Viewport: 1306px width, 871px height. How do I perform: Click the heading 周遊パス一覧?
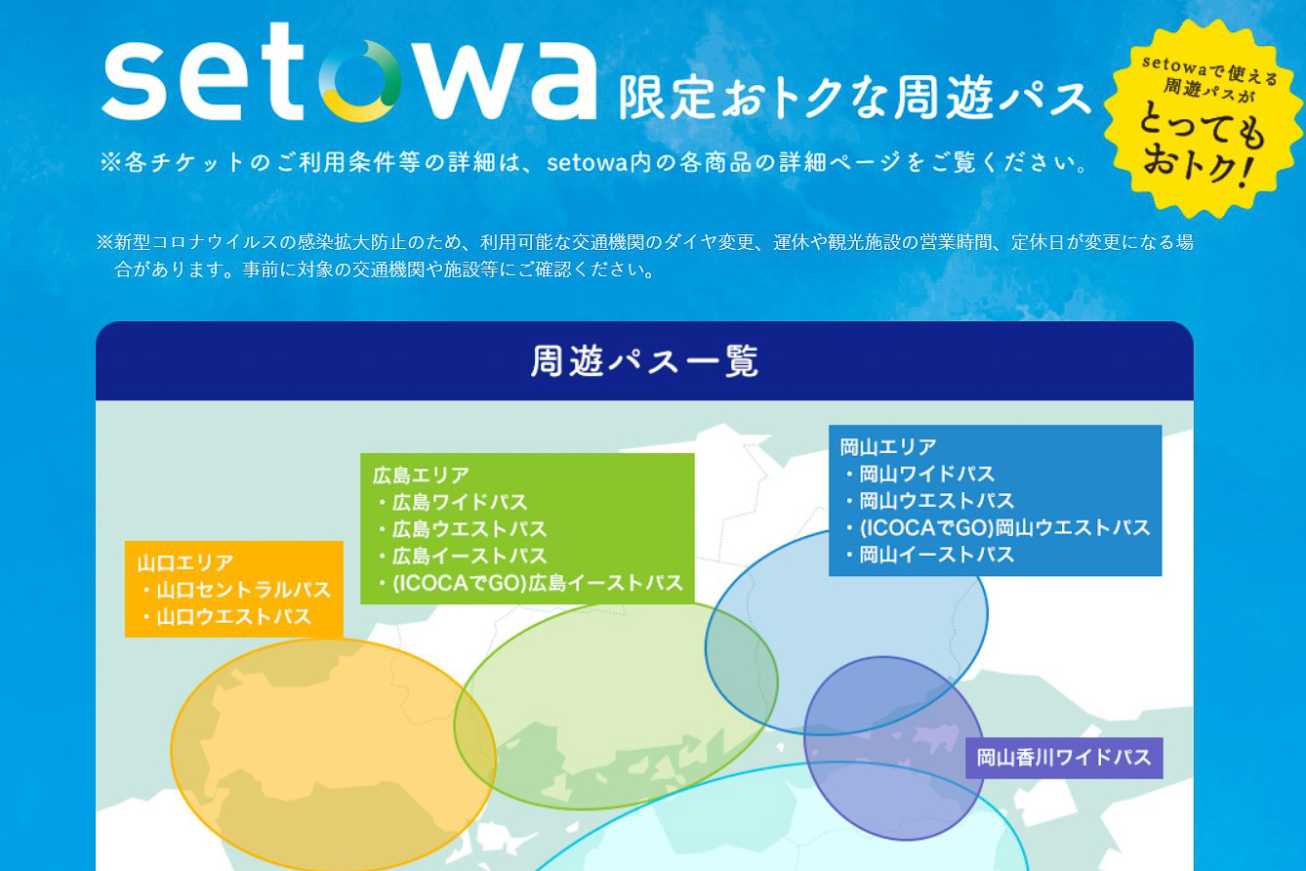(644, 361)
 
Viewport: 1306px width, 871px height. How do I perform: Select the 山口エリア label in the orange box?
(185, 563)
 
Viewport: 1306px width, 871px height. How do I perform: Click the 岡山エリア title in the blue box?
(888, 447)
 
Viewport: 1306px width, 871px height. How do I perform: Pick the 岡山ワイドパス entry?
(926, 475)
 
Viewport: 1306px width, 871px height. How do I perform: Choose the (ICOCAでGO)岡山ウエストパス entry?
(1004, 528)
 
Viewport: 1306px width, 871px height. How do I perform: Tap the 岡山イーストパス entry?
(936, 556)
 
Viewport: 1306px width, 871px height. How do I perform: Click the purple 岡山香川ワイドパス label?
(1064, 758)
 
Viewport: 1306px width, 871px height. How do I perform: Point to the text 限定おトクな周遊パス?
(855, 99)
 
